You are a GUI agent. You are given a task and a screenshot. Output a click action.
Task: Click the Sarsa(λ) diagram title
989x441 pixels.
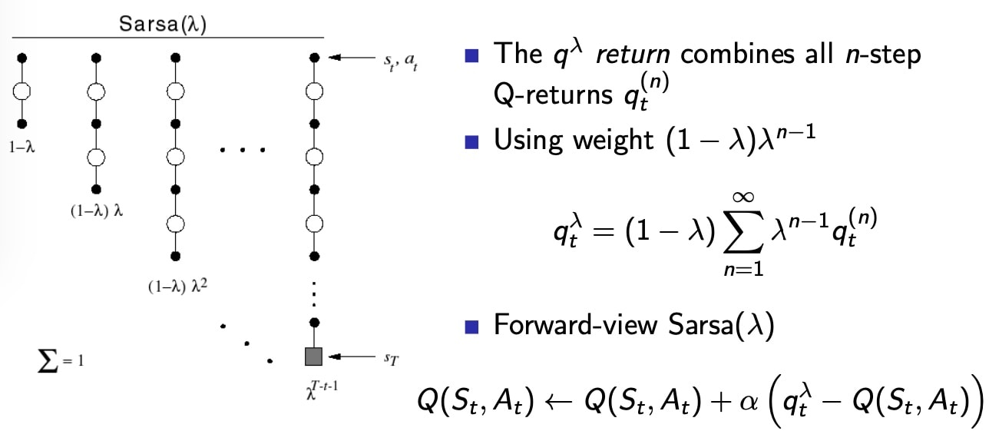(163, 24)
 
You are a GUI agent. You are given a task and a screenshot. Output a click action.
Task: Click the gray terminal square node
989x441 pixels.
(313, 356)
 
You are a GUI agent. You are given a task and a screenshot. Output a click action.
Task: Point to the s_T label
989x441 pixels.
(391, 359)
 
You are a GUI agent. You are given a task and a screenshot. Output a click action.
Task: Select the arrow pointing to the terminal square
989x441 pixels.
(352, 356)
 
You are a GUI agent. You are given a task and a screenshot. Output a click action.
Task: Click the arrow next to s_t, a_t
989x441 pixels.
(352, 58)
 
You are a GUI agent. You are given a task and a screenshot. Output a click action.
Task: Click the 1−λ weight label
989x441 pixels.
(21, 147)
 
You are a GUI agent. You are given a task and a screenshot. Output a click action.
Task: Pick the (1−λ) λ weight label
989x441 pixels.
(97, 211)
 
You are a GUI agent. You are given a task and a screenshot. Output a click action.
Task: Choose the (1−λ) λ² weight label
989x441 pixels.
(177, 286)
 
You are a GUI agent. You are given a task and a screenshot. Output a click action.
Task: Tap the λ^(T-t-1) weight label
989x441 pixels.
(322, 390)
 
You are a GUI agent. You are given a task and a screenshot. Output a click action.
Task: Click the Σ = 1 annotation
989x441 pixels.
(61, 361)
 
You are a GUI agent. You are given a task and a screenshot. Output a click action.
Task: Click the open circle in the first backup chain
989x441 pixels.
(21, 92)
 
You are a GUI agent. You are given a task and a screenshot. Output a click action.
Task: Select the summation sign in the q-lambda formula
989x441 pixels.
(743, 232)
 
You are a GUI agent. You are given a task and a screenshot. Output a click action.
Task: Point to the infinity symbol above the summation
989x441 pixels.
(743, 197)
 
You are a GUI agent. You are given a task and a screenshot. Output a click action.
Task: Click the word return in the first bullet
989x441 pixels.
(633, 55)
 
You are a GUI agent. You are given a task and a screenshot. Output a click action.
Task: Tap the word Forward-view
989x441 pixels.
(576, 324)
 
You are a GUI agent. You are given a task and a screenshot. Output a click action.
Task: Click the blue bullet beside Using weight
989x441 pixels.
(471, 142)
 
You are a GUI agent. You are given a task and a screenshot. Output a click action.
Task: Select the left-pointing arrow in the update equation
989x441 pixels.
(559, 402)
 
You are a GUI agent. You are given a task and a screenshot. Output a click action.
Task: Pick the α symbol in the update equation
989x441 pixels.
(749, 403)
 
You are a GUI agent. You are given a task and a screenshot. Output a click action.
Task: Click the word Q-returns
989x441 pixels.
(553, 95)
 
